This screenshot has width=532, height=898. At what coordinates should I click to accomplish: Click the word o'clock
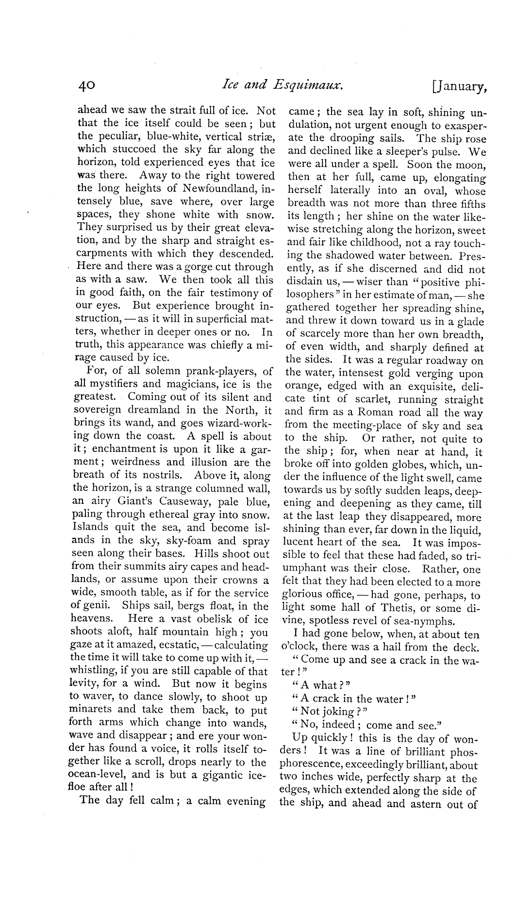coord(299,647)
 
